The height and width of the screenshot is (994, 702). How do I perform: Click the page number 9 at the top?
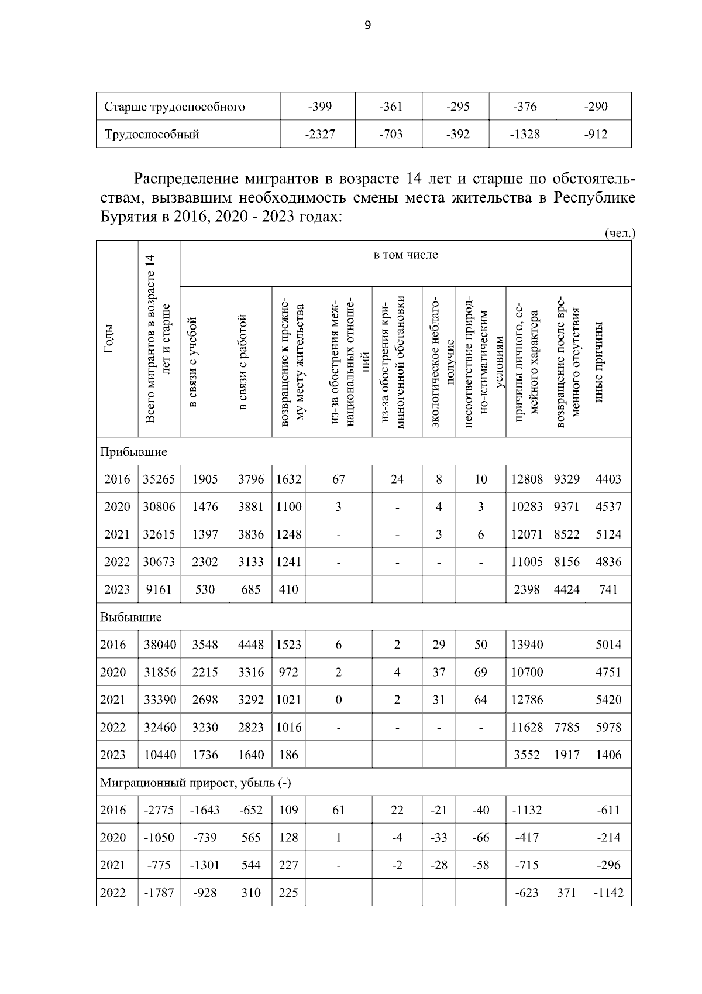coord(367,25)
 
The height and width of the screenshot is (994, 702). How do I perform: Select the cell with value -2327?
coord(319,134)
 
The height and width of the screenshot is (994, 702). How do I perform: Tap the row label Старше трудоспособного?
coord(174,107)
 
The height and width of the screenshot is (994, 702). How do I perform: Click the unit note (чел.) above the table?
coord(619,233)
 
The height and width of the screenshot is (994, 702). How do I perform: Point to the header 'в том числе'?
coord(405,255)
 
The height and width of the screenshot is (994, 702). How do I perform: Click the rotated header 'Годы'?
coord(109,339)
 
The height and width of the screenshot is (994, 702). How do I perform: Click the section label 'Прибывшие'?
coord(133,452)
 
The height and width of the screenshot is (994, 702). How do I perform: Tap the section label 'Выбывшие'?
coord(131,617)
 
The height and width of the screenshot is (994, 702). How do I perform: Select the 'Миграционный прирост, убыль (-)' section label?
coord(195,782)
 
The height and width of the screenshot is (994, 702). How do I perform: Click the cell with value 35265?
coord(159,479)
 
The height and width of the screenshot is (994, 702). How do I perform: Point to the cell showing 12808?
coord(526,479)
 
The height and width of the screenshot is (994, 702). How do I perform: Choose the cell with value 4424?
coord(567,589)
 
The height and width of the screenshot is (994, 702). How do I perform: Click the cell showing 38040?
coord(160,645)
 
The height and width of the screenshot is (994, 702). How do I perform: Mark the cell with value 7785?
coord(567,727)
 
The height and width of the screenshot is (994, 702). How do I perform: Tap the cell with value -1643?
coord(205,810)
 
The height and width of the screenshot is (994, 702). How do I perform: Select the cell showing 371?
coord(566,893)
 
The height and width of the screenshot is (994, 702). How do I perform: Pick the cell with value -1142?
coord(608,893)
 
